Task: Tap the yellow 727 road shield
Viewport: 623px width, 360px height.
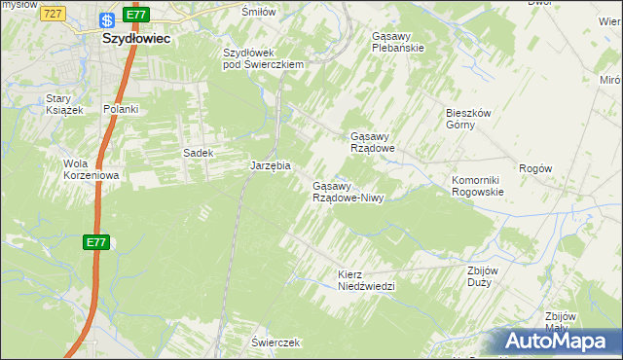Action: (x=55, y=13)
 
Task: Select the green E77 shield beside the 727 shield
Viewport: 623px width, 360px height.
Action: (x=137, y=15)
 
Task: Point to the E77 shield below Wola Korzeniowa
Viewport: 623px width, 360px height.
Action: (x=94, y=242)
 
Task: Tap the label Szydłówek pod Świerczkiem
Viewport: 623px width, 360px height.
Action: (x=265, y=57)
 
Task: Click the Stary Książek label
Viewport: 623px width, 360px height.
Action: (x=65, y=104)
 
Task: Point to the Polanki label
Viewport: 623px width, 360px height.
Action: (x=121, y=109)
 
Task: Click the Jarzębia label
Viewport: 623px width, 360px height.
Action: (x=271, y=166)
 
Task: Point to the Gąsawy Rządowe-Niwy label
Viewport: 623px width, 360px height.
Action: (x=348, y=192)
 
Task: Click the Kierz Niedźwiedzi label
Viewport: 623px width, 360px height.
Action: (x=365, y=280)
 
